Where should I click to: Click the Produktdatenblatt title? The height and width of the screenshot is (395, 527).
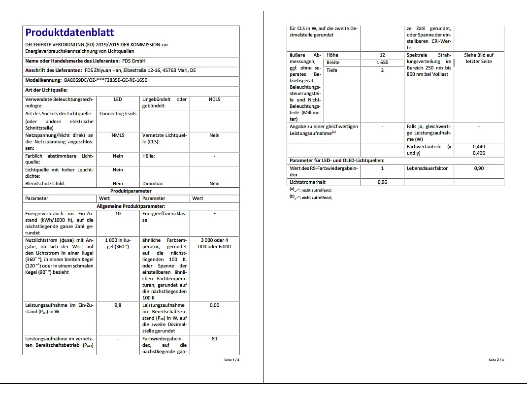pos(69,33)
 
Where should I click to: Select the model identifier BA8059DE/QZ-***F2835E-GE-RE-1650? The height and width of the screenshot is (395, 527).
pos(105,80)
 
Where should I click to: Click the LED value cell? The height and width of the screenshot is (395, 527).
pos(118,99)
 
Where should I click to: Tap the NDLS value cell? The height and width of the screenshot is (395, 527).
pos(214,99)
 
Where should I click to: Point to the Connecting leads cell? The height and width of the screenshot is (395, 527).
pos(118,114)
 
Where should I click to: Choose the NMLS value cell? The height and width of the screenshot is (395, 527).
pos(118,135)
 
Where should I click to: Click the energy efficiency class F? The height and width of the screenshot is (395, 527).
pos(214,214)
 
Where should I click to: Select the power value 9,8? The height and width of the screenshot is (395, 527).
pos(118,305)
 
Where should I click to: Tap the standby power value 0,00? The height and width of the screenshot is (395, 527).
pos(214,305)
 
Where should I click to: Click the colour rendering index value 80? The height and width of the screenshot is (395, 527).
pos(214,339)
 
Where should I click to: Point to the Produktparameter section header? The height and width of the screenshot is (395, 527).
pos(131,191)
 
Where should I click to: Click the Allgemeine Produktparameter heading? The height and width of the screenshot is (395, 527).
pos(131,206)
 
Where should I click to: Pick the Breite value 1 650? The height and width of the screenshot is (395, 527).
pos(382,63)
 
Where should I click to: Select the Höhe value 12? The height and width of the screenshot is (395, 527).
pos(382,55)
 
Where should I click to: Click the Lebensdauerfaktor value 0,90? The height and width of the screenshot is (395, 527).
pos(479,168)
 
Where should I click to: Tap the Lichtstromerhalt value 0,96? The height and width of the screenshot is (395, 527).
pos(382,182)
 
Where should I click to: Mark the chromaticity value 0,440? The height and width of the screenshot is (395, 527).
pos(479,147)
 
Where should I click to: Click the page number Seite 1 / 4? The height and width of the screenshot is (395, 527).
pos(232,360)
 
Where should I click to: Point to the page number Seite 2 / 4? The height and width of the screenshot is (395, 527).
pos(496,360)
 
